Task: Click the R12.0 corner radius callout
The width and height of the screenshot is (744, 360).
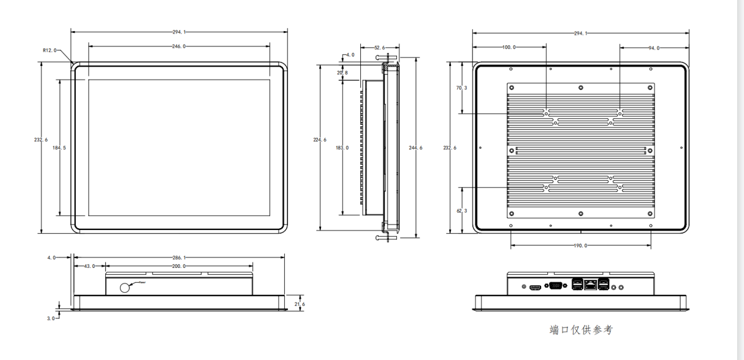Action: pyautogui.click(x=50, y=50)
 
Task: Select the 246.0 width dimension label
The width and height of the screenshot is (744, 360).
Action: pyautogui.click(x=179, y=46)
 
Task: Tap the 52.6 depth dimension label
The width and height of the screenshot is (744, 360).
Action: pyautogui.click(x=379, y=47)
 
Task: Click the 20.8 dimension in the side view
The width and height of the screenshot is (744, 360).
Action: pyautogui.click(x=342, y=73)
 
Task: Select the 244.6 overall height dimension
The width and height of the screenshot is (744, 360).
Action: pyautogui.click(x=416, y=147)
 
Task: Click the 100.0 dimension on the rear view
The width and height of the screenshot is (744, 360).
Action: pyautogui.click(x=509, y=47)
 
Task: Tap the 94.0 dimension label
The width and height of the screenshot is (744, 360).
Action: pyautogui.click(x=654, y=48)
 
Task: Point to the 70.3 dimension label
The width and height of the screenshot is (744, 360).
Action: pyautogui.click(x=462, y=88)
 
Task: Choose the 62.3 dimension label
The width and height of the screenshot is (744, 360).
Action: pyautogui.click(x=462, y=211)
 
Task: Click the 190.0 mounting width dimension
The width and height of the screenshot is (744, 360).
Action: pyautogui.click(x=580, y=246)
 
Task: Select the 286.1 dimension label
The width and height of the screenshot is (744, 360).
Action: pyautogui.click(x=179, y=257)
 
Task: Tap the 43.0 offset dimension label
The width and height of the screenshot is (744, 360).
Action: pyautogui.click(x=89, y=266)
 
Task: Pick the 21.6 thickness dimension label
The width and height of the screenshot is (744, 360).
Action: pyautogui.click(x=299, y=304)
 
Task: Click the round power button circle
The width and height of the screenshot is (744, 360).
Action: pyautogui.click(x=125, y=287)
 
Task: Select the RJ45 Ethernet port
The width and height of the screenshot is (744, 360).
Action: pyautogui.click(x=588, y=286)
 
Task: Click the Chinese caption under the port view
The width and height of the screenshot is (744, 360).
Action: pyautogui.click(x=581, y=330)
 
